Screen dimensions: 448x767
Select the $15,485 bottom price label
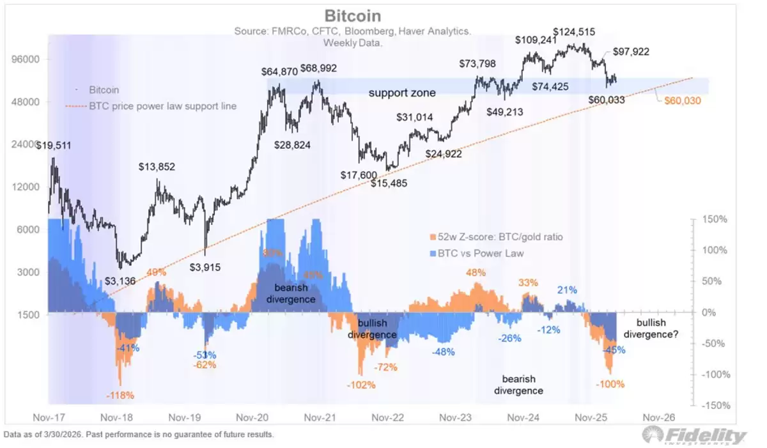389,183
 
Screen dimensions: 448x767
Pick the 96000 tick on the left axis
27,59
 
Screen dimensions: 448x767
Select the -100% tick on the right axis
712,375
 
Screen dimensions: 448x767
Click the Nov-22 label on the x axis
388,417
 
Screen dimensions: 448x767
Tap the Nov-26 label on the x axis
659,417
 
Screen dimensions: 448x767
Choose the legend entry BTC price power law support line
162,106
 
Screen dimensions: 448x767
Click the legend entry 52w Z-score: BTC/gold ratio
497,237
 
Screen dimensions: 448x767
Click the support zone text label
402,93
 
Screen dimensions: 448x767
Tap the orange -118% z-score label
120,396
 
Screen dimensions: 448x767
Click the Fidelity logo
695,436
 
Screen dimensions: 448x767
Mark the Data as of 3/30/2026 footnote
139,435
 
